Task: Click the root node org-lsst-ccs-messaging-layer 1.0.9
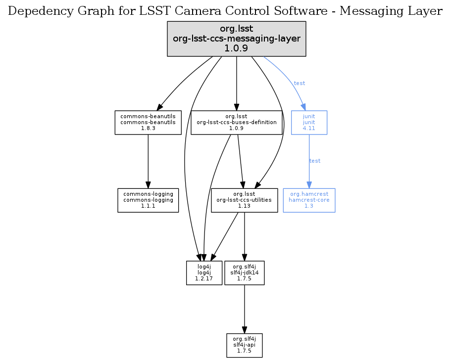tap(237, 38)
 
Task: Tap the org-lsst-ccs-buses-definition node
tap(237, 122)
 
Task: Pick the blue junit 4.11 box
tap(309, 122)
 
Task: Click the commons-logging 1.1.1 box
tap(148, 200)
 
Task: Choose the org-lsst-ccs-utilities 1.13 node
tap(244, 200)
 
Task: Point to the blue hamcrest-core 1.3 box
tap(309, 200)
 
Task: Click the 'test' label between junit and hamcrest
tap(315, 161)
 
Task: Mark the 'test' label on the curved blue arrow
tap(300, 83)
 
